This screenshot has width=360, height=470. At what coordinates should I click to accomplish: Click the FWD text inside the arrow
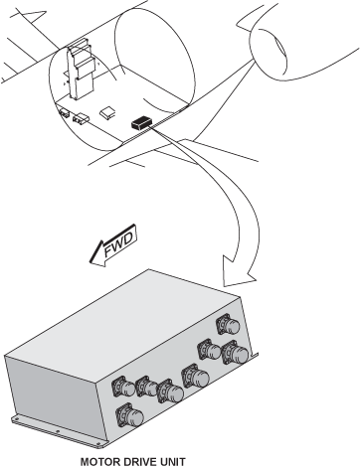(x=119, y=245)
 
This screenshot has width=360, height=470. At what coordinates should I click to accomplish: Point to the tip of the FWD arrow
(x=90, y=262)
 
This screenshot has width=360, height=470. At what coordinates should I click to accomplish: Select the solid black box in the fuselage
(x=142, y=122)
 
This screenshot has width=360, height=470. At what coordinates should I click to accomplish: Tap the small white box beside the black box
(x=108, y=112)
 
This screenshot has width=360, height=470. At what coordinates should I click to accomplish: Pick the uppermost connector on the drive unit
(x=228, y=324)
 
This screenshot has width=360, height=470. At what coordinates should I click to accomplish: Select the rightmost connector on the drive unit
(x=235, y=352)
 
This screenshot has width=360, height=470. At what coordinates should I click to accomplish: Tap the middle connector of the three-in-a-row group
(x=146, y=386)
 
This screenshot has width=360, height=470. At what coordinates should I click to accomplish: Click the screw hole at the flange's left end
(x=15, y=419)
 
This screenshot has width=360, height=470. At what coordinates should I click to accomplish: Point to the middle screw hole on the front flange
(x=58, y=431)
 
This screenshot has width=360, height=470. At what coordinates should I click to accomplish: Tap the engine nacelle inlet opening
(x=269, y=53)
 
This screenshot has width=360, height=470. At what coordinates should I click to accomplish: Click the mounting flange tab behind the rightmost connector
(x=254, y=357)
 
